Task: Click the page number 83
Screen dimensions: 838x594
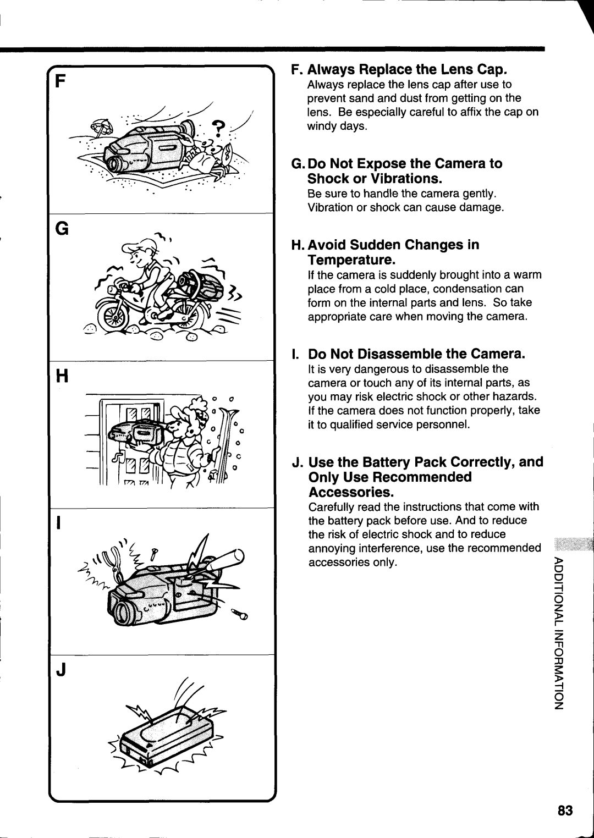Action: point(564,811)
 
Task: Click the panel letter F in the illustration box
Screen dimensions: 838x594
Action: point(61,82)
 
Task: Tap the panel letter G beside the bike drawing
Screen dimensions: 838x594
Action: point(62,228)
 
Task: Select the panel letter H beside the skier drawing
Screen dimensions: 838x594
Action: point(62,376)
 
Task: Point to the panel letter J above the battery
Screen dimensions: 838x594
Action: point(62,670)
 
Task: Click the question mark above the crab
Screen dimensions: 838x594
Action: point(219,128)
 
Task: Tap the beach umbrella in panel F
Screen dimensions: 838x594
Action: point(101,128)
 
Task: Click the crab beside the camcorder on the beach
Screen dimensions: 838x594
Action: point(212,157)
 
